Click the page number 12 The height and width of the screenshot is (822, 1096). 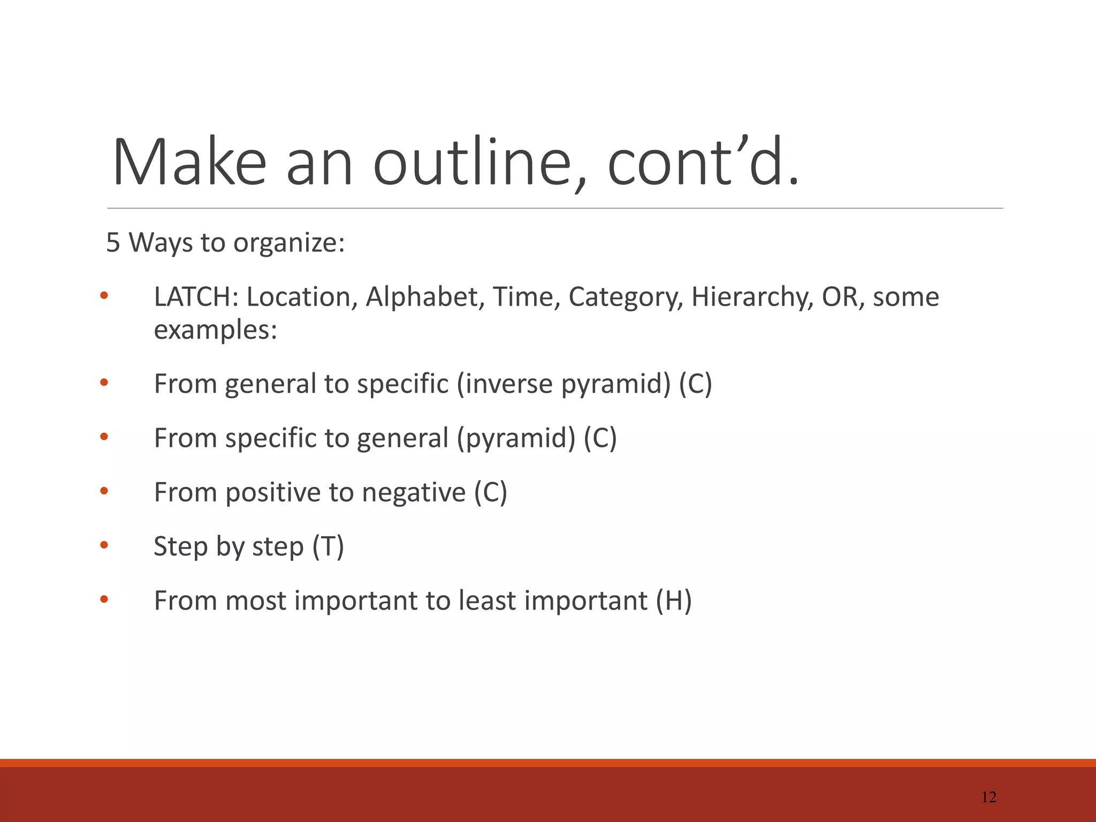989,797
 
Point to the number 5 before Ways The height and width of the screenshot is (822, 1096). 113,242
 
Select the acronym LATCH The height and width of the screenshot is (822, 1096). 196,297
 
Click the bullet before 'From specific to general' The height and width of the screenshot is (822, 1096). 104,437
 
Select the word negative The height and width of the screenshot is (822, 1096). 414,492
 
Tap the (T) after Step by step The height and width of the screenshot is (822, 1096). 328,547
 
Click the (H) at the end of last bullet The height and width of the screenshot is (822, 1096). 674,601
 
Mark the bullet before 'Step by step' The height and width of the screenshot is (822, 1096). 104,545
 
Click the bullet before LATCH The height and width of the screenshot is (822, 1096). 104,295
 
